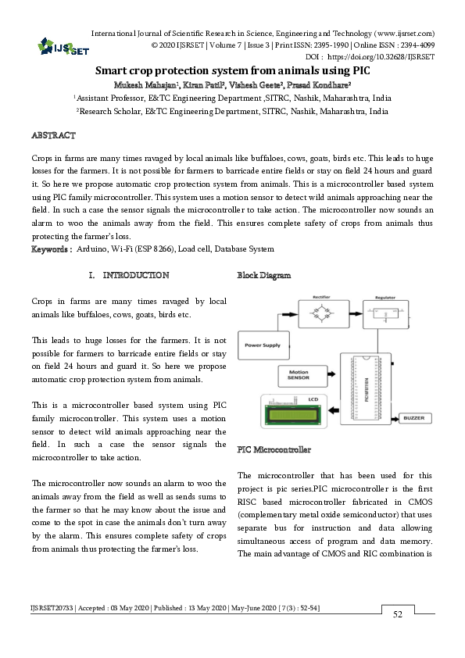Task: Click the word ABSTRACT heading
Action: point(53,136)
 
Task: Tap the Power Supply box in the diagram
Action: point(263,345)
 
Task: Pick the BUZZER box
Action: point(413,419)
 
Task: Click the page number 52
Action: point(397,615)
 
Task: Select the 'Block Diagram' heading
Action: point(263,275)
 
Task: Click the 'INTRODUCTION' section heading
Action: point(136,275)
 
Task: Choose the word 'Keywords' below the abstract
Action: point(51,249)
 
